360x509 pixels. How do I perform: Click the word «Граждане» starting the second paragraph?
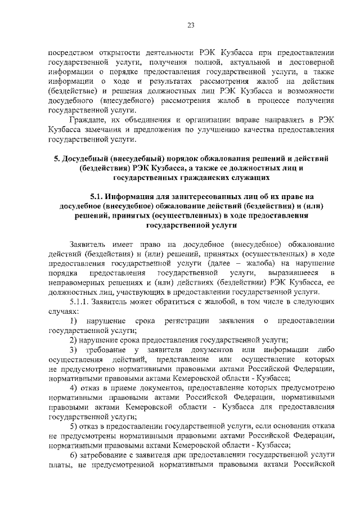coord(86,120)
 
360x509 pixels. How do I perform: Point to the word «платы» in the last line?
coord(61,466)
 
